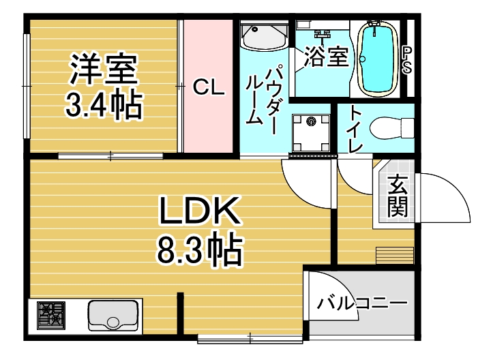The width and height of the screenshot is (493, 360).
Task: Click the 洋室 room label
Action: tap(104, 69)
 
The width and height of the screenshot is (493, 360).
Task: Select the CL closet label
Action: tap(208, 87)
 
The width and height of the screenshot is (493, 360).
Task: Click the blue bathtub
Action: tap(378, 59)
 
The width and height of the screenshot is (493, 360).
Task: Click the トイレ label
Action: tap(355, 130)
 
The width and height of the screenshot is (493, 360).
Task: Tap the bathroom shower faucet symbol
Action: tap(320, 34)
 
